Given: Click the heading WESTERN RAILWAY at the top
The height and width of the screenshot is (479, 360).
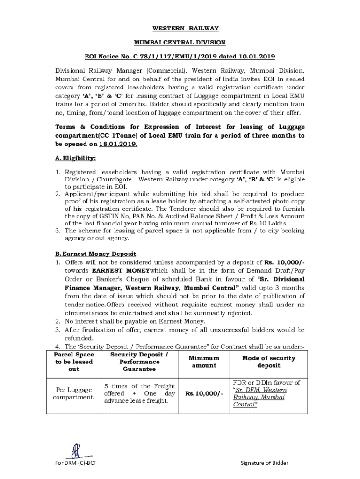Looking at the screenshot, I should pos(180,29).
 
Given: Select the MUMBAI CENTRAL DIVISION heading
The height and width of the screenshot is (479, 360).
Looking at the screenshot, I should pos(180,43).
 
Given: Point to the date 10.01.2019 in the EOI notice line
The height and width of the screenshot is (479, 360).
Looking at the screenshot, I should pos(257,57).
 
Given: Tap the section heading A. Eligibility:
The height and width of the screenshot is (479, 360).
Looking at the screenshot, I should pos(76,158).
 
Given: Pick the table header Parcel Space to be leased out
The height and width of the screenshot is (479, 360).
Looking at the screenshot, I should pos(74,362).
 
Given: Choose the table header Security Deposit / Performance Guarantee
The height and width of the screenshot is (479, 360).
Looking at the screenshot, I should pos(139,362).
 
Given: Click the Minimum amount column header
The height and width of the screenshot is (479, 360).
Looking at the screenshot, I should pos(204,362).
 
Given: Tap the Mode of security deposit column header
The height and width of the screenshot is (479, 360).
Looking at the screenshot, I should pos(269,362).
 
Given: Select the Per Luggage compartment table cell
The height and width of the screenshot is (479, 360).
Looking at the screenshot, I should pos(74,394).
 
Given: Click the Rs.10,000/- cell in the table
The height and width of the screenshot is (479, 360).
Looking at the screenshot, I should pos(204,394).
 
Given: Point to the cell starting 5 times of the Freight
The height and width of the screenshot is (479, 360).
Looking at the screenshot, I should pos(139,393).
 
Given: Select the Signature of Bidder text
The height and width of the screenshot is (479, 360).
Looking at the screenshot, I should pos(264,463).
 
